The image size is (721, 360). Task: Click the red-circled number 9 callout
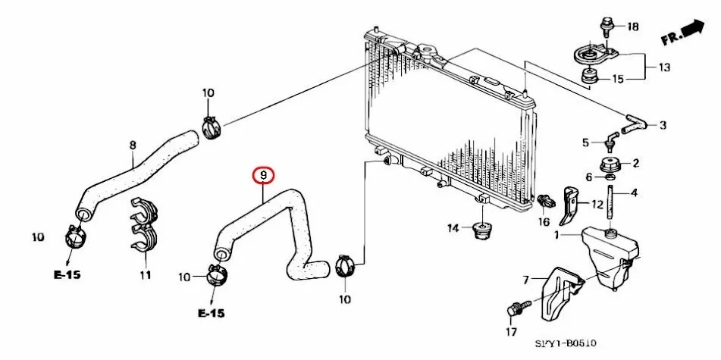click(263, 177)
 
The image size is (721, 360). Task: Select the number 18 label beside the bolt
click(633, 27)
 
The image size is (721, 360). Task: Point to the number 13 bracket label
click(664, 67)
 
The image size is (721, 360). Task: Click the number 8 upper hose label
click(133, 145)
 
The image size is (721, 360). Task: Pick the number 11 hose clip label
click(144, 274)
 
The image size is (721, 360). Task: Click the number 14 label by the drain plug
click(452, 227)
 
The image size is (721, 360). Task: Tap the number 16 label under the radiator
click(543, 221)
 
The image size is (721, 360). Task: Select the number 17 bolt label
click(511, 331)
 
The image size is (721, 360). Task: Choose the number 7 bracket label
click(524, 280)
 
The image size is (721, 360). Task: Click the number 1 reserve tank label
click(556, 236)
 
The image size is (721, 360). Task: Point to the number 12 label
click(597, 203)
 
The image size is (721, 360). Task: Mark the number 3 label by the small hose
click(662, 125)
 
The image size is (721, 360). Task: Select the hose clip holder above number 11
click(144, 225)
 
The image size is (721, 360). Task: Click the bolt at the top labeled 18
click(606, 28)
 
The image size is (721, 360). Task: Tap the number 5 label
click(585, 142)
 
